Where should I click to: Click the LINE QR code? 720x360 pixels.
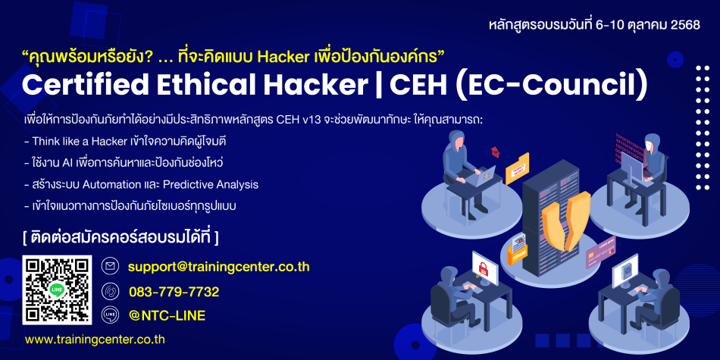tap(58, 290)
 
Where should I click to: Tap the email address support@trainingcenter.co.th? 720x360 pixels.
tap(219, 267)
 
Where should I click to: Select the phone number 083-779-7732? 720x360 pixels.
tap(174, 292)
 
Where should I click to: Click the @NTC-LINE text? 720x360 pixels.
tap(167, 315)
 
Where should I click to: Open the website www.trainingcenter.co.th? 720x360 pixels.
tap(95, 340)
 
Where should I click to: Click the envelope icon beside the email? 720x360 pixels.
tap(110, 266)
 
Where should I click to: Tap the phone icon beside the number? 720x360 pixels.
tap(110, 291)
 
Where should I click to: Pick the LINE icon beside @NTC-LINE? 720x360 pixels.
tap(110, 315)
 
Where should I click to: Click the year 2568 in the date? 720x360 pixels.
tap(685, 25)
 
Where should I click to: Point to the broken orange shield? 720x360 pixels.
tap(565, 221)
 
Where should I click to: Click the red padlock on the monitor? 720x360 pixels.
tap(483, 266)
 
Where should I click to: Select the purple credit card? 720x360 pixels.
tap(600, 253)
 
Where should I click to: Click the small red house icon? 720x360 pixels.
tap(495, 152)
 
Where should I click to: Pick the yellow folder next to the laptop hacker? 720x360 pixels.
tap(517, 168)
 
